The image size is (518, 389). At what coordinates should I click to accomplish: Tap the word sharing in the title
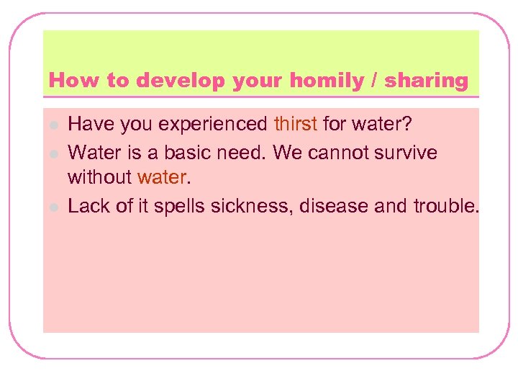tap(426, 81)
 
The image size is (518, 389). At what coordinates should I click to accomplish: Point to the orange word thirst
tap(295, 125)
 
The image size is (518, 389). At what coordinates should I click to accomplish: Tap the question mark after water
tap(408, 125)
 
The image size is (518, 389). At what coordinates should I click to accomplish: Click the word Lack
tap(88, 206)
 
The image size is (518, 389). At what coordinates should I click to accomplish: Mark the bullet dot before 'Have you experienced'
tap(53, 125)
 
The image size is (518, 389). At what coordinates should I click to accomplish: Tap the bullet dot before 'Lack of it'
tap(53, 207)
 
